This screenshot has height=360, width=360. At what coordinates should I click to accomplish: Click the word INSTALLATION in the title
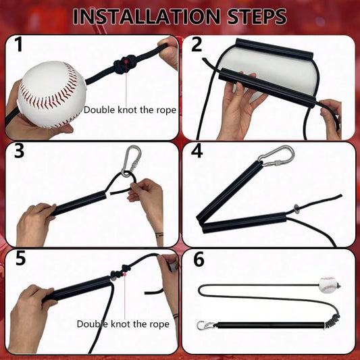147,16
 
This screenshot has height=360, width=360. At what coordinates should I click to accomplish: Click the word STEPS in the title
257,16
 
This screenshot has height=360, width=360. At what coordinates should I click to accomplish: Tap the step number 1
18,45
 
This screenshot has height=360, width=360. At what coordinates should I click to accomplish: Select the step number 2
197,45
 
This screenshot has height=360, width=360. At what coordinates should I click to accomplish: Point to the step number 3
20,151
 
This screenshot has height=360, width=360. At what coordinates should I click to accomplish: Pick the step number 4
197,151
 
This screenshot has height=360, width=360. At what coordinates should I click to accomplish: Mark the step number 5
20,259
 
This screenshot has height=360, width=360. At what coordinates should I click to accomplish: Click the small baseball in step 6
328,285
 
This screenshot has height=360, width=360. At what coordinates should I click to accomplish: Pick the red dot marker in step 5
125,274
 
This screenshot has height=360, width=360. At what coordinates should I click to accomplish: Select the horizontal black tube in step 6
270,326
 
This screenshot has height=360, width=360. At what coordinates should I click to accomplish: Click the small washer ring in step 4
297,209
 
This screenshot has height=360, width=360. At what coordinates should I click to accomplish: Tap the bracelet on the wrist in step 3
159,234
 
